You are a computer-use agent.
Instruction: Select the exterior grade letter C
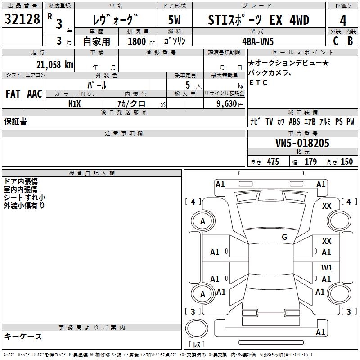pyautogui.click(x=335, y=40)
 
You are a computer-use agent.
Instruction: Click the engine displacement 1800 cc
pyautogui.click(x=137, y=41)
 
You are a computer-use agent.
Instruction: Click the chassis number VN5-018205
pyautogui.click(x=302, y=143)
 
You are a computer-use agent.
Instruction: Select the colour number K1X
pyautogui.click(x=75, y=103)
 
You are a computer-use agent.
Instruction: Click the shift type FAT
pyautogui.click(x=13, y=94)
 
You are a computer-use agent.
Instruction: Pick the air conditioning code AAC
pyautogui.click(x=35, y=94)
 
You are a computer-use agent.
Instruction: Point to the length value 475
pyautogui.click(x=273, y=162)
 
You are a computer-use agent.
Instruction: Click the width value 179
pyautogui.click(x=310, y=162)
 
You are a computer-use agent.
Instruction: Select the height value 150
pyautogui.click(x=346, y=162)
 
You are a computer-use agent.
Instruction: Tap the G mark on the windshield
pyautogui.click(x=284, y=237)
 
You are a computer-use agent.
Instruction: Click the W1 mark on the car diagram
pyautogui.click(x=327, y=267)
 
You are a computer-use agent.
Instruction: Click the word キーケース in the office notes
pyautogui.click(x=23, y=336)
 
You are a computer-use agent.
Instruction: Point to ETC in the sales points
pyautogui.click(x=258, y=82)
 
